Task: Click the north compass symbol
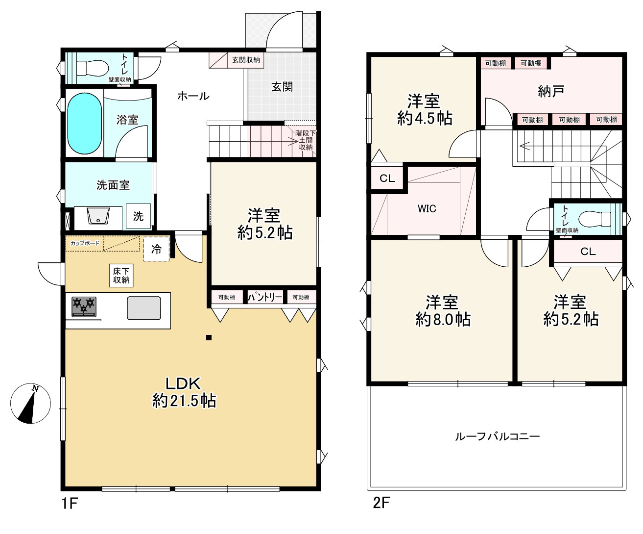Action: tap(30, 403)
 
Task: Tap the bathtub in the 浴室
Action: tap(84, 124)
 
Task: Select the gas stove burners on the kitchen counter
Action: tap(84, 307)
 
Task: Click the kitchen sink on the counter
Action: tap(144, 308)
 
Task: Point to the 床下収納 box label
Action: tap(121, 276)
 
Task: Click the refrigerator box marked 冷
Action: tap(156, 249)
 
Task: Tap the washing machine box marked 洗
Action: tap(139, 216)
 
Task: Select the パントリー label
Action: tap(264, 297)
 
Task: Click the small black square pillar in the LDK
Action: tap(209, 337)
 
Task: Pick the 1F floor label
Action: tap(70, 504)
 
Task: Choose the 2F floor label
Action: tap(381, 503)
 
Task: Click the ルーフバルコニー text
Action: tap(497, 436)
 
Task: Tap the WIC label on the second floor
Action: tap(427, 209)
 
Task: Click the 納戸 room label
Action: tap(551, 91)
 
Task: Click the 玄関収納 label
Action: tap(246, 60)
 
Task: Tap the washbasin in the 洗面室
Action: tap(98, 216)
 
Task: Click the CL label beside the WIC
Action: tap(387, 178)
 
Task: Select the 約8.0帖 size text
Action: tap(443, 320)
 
